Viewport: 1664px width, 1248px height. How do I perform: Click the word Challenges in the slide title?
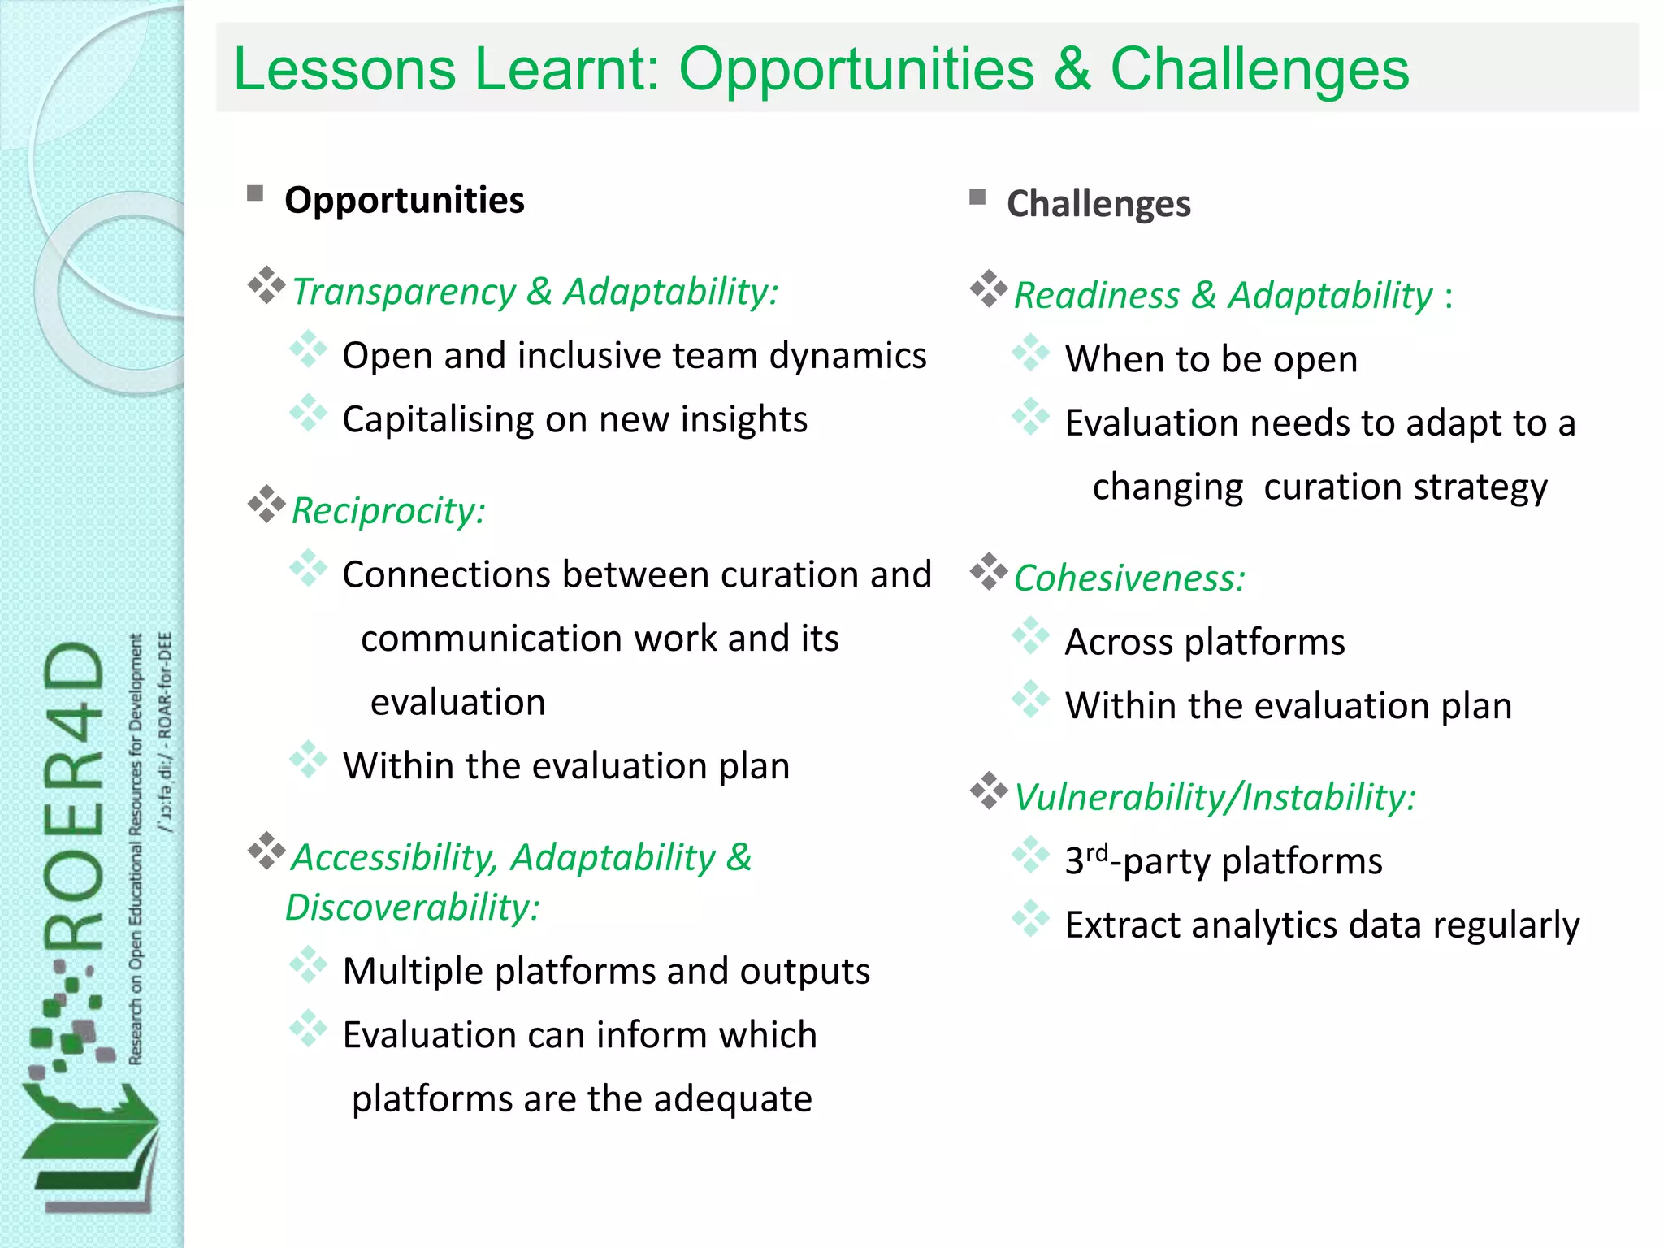(1259, 69)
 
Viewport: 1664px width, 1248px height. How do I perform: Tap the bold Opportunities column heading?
(404, 200)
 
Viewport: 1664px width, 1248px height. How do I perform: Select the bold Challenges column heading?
(1098, 203)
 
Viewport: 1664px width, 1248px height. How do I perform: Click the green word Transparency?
(403, 292)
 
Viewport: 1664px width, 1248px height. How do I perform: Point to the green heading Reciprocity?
(388, 511)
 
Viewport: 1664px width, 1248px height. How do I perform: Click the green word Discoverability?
(413, 908)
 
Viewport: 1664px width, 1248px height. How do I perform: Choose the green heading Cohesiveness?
(1129, 578)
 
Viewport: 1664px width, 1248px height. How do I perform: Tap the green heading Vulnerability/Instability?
(1215, 797)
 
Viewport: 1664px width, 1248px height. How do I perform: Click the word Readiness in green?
(1096, 295)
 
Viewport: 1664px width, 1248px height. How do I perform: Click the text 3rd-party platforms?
(1223, 861)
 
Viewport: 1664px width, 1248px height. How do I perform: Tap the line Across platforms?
(1204, 642)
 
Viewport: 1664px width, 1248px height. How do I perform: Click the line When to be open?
(1211, 359)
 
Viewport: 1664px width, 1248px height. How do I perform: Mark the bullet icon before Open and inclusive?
(308, 349)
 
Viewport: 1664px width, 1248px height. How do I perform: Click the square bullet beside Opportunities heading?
(255, 193)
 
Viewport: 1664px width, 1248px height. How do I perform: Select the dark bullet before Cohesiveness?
(989, 572)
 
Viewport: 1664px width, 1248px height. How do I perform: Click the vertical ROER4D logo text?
(75, 796)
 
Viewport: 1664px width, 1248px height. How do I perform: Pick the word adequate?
(732, 1099)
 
